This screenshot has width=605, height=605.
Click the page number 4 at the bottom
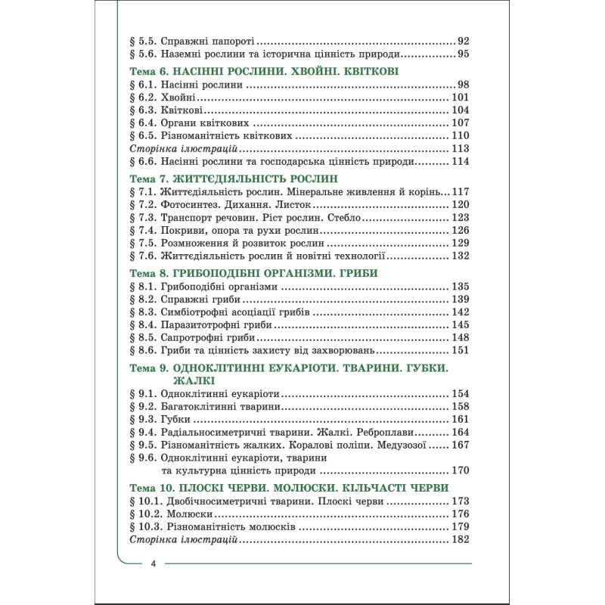pos(154,564)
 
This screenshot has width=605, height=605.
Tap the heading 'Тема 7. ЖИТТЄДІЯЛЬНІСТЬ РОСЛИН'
pos(232,178)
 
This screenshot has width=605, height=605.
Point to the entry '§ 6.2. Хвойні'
pos(163,98)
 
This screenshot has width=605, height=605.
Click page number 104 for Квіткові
pos(461,110)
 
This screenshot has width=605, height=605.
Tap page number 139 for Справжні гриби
pos(461,300)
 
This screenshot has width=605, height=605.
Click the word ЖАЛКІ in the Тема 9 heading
pos(191,380)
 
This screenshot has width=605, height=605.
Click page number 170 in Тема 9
pos(461,470)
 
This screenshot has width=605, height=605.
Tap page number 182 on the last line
pos(461,539)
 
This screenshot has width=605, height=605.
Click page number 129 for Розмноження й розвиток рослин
pos(461,244)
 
